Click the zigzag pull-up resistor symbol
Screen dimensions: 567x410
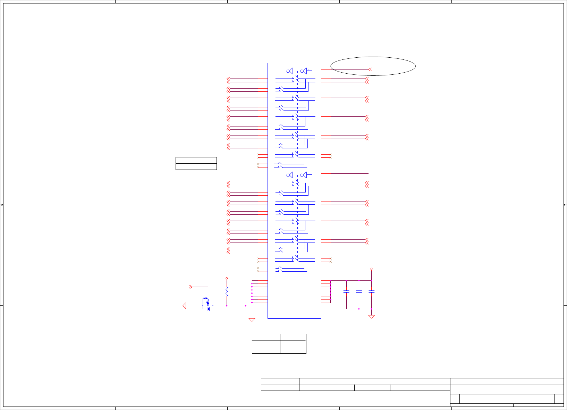point(227,291)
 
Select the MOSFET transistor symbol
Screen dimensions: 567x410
point(207,302)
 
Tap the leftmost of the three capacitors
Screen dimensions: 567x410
point(346,292)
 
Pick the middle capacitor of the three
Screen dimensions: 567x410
point(359,292)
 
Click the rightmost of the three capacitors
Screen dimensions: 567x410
point(371,292)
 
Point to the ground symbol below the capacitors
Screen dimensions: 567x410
point(371,317)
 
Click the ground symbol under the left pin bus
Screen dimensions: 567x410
point(252,320)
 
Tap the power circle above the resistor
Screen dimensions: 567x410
point(227,278)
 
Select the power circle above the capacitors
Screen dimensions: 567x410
point(371,269)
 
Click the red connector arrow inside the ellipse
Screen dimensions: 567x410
point(370,69)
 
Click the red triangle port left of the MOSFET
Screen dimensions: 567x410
point(184,306)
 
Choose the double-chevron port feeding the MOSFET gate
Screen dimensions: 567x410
point(190,287)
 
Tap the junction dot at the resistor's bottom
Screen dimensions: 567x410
point(227,306)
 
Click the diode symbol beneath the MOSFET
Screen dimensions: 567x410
point(209,309)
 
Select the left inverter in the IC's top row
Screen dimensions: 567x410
point(289,71)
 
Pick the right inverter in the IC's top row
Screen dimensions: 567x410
point(303,71)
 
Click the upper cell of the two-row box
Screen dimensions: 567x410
point(196,160)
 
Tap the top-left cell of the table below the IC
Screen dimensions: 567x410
point(266,337)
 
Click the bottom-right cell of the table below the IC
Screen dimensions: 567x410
point(293,350)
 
